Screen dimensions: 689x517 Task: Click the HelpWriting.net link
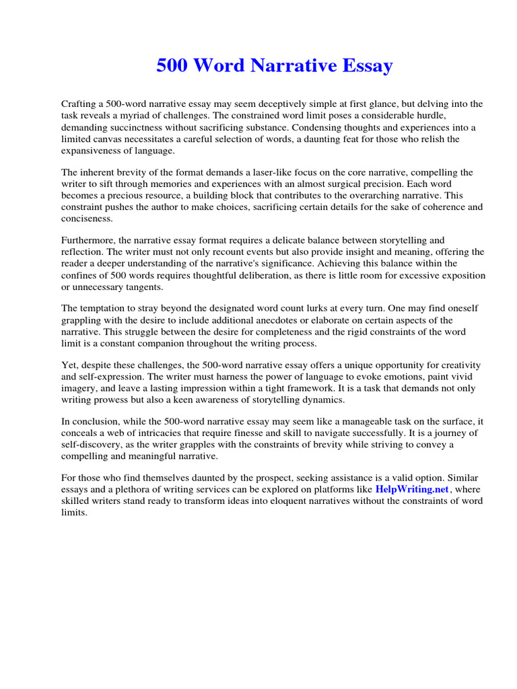(412, 489)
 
